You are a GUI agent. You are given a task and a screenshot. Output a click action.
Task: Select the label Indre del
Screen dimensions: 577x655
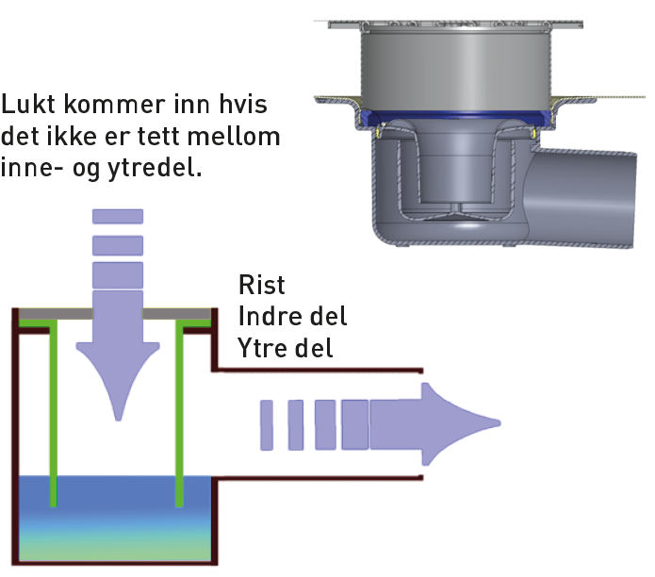pyautogui.click(x=293, y=316)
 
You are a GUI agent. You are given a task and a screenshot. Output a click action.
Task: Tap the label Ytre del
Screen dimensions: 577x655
pyautogui.click(x=287, y=348)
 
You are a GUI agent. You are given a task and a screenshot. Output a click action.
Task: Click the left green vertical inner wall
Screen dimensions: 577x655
pyautogui.click(x=54, y=405)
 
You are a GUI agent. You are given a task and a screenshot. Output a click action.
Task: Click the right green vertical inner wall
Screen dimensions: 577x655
pyautogui.click(x=180, y=405)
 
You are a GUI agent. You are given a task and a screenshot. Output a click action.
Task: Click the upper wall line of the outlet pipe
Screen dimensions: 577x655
pyautogui.click(x=320, y=371)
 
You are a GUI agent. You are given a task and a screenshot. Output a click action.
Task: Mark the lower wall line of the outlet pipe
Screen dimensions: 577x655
pyautogui.click(x=320, y=476)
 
